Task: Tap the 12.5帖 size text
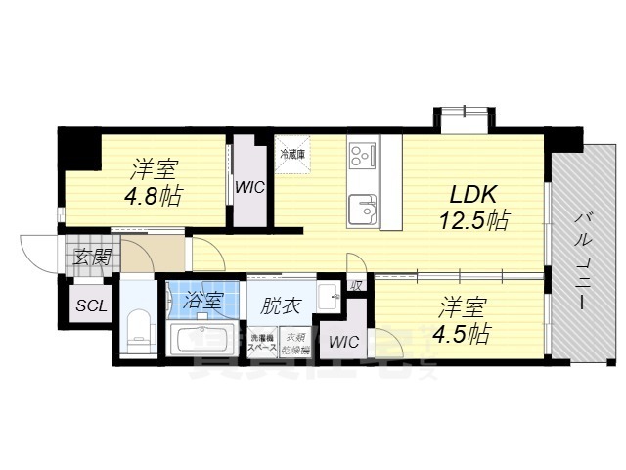472,219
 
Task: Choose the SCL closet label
91,305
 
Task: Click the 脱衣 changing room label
280,304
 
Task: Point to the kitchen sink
361,208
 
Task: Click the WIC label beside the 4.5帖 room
343,342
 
